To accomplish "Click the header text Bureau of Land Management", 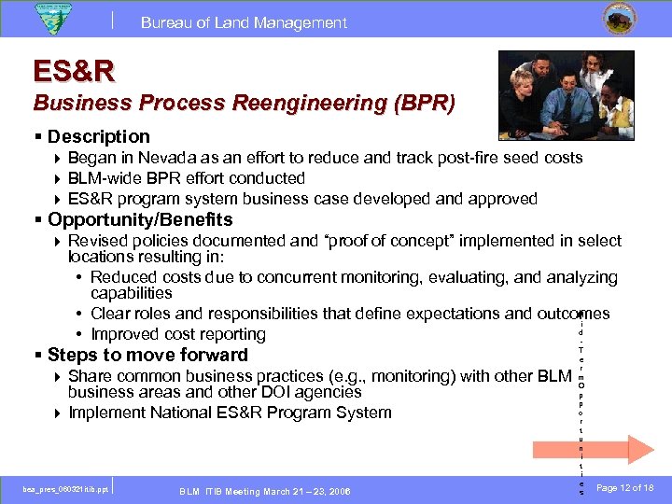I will coord(244,22).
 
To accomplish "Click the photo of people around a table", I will coord(566,94).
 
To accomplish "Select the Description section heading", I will coord(98,136).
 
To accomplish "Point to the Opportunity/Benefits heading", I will coord(140,220).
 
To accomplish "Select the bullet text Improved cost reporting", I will coord(178,334).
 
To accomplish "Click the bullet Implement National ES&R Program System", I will coord(230,413).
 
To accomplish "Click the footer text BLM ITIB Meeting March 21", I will coord(264,491).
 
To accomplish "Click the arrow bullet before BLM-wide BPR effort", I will coord(57,178).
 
